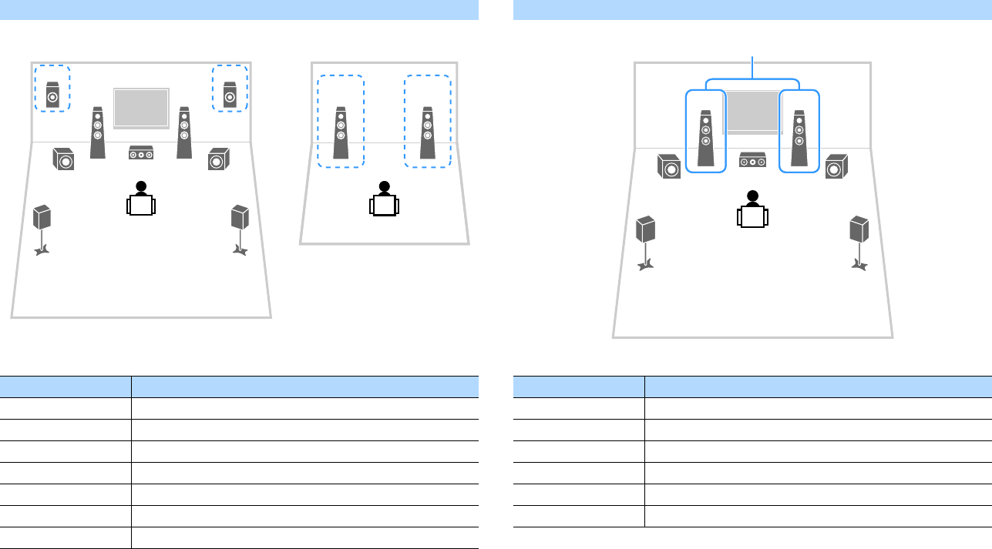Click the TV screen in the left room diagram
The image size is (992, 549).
[141, 108]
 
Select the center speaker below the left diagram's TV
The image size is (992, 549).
[141, 153]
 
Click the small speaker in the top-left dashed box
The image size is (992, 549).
[52, 94]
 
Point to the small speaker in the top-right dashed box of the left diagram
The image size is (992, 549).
[230, 94]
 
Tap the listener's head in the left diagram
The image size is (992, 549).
[141, 186]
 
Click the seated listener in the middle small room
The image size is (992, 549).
[384, 202]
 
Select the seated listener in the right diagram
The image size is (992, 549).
[752, 209]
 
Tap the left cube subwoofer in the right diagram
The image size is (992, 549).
[669, 166]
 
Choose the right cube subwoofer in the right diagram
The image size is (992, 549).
[836, 166]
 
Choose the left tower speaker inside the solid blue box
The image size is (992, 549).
[705, 139]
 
